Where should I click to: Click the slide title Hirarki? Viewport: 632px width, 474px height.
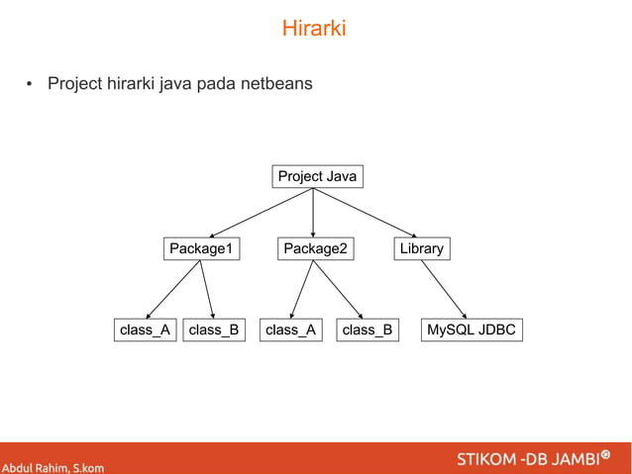click(314, 29)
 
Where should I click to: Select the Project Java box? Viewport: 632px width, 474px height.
click(317, 177)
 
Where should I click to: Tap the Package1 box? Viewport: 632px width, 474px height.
click(201, 248)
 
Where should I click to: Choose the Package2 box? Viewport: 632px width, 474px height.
click(316, 248)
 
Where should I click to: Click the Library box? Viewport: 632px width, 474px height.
click(421, 248)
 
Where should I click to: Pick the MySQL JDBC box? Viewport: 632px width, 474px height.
click(472, 330)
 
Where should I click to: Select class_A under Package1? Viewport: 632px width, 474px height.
click(145, 330)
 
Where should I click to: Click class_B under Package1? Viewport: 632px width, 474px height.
click(214, 330)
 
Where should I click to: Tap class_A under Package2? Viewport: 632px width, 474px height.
click(289, 330)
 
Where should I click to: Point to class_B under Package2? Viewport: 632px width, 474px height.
click(367, 330)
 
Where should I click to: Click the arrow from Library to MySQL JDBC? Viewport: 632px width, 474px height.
click(445, 289)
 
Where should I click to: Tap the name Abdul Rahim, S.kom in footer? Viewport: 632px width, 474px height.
click(53, 466)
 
